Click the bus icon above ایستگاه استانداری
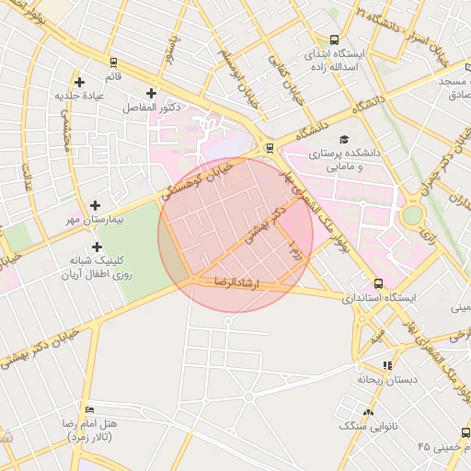click(x=378, y=283)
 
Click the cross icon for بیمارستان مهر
click(x=95, y=205)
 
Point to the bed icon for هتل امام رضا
click(x=88, y=409)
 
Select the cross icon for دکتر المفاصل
click(x=152, y=93)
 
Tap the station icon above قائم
click(x=113, y=63)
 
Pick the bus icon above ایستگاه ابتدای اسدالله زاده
click(x=334, y=40)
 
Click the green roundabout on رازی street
click(x=412, y=215)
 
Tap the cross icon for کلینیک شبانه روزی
click(x=97, y=247)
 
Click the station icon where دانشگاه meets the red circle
click(x=269, y=147)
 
